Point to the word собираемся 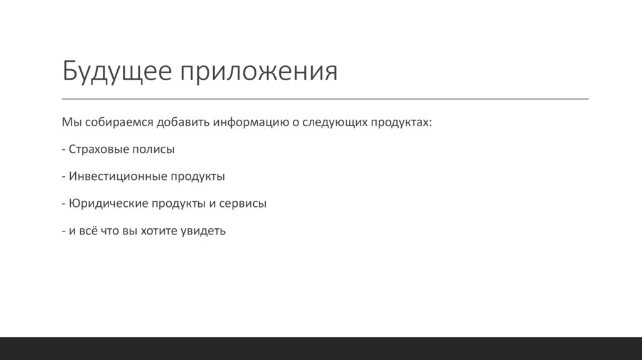(x=117, y=123)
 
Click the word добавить (x=182, y=123)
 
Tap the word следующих (x=330, y=123)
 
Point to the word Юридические (x=108, y=204)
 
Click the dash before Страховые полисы (x=64, y=151)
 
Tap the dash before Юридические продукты (x=64, y=204)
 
